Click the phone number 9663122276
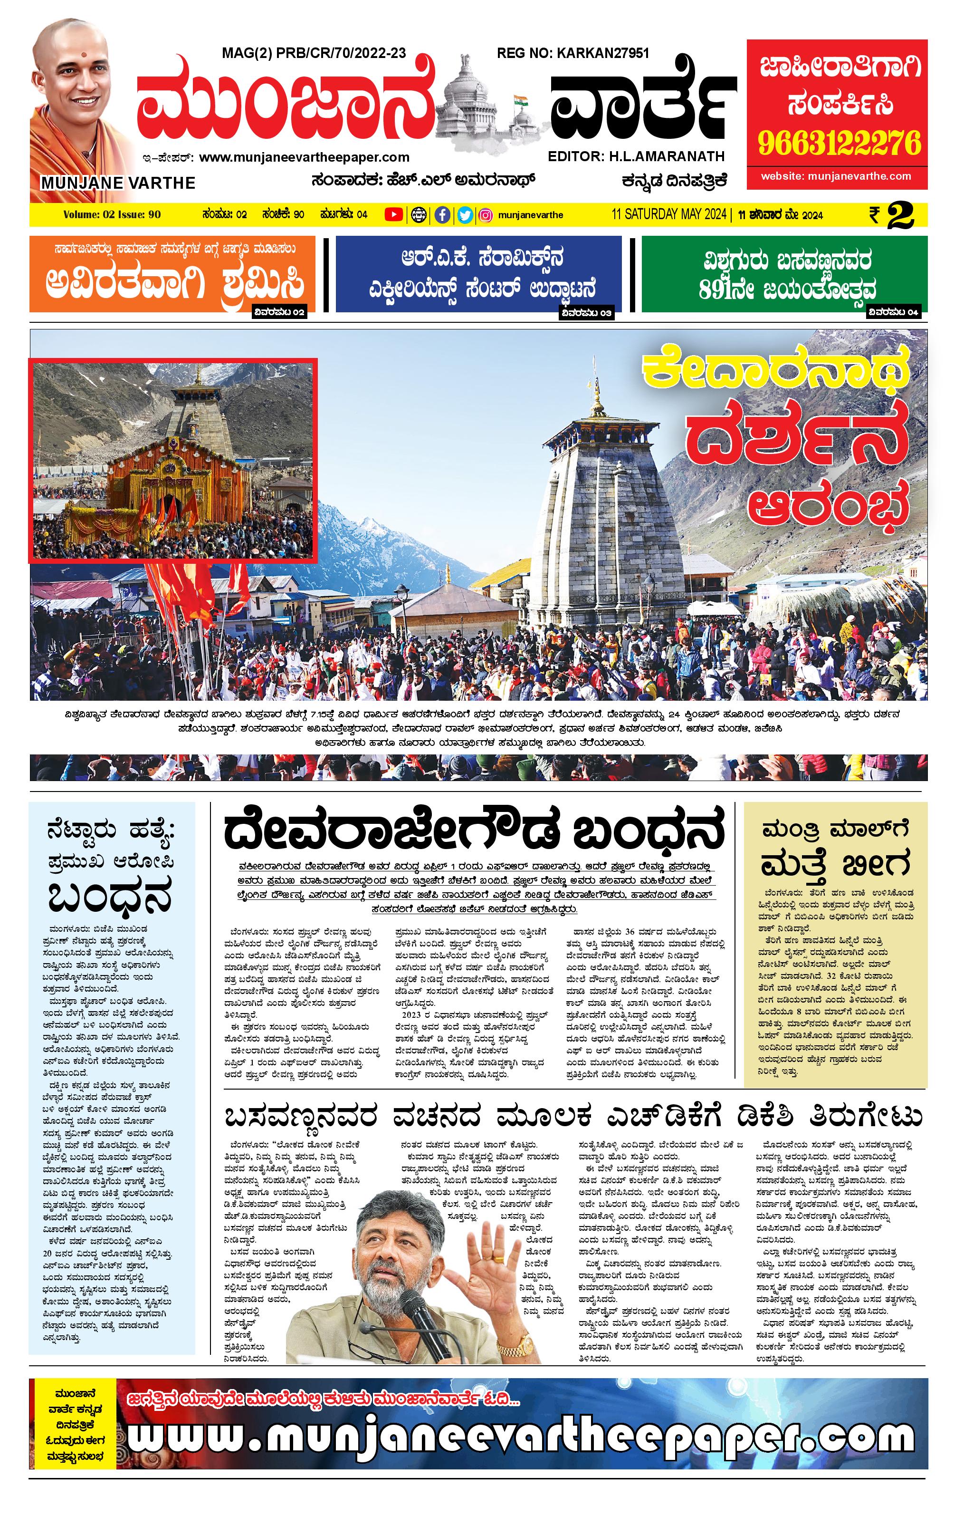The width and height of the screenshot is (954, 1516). (x=839, y=144)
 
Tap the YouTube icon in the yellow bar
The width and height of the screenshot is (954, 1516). (x=393, y=215)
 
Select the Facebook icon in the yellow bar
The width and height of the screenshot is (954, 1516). (x=442, y=215)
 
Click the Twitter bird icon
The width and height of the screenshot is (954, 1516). (x=465, y=215)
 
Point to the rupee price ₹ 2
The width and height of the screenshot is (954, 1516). (x=892, y=215)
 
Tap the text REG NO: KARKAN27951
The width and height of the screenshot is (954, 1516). (x=572, y=54)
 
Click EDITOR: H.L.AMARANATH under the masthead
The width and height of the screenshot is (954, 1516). (x=636, y=156)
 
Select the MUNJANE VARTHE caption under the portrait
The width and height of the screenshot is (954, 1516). (x=118, y=183)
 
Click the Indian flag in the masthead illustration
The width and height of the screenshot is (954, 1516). (x=519, y=101)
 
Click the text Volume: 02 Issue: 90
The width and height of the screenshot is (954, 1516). (x=112, y=215)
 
